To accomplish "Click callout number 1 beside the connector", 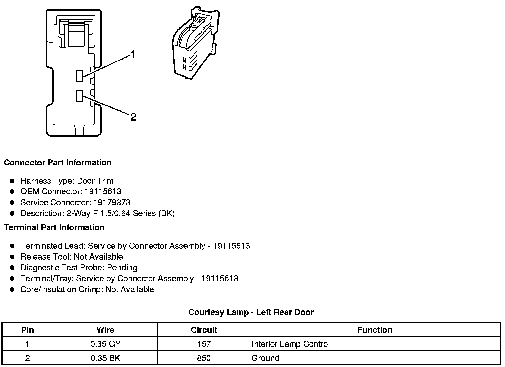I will coord(133,55).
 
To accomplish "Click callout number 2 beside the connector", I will coord(133,117).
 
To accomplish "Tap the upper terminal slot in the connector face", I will coord(79,76).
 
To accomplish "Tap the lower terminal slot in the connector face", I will coord(79,96).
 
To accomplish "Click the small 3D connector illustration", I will coord(195,43).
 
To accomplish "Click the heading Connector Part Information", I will coord(57,163).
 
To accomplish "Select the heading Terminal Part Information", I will coord(54,227).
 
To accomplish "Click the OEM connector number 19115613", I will coord(103,192).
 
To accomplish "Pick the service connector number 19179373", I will coord(112,203).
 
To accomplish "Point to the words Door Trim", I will coord(95,181).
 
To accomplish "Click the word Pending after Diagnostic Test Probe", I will coord(122,268).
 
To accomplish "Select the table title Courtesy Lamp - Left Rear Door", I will coord(251,312).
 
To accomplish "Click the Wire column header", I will coord(105,330).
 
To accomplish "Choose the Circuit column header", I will coord(204,330).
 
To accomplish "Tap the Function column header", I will coord(375,330).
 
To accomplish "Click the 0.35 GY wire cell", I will coord(105,344).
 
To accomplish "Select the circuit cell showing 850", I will coord(204,358).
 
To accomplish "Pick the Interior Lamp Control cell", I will coord(291,344).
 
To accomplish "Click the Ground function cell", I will coord(266,358).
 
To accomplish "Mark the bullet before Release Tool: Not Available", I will coord(12,257).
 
